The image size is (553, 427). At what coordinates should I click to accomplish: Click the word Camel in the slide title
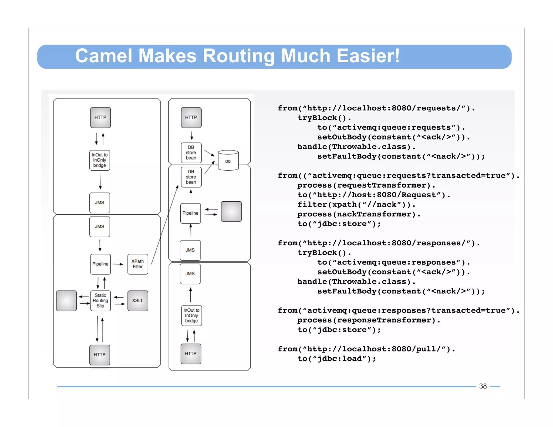coord(104,56)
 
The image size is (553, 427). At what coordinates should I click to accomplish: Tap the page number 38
coord(483,386)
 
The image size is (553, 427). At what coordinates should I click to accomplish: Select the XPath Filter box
coord(138,264)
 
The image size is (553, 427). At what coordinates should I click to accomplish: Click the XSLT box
coord(138,301)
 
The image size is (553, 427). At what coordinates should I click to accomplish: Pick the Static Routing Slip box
coord(100,301)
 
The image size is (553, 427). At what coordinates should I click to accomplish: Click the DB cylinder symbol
coord(228,160)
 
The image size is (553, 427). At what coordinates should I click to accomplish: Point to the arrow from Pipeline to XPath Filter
coord(118,264)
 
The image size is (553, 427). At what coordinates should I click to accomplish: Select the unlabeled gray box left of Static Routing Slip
coord(66,301)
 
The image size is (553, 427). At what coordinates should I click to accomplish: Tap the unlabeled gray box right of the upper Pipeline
coord(231,211)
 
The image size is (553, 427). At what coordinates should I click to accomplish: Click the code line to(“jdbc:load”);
coord(336,359)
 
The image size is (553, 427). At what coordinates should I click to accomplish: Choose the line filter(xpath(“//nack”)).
coord(356,205)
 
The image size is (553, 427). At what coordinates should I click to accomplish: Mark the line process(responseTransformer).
coord(369,320)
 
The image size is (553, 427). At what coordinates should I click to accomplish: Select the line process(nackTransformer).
coord(359,214)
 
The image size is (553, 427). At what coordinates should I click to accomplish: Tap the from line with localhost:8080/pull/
coord(366,349)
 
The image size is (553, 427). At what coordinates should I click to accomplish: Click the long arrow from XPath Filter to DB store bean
coord(165,225)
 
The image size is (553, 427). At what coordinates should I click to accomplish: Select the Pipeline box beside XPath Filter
coord(100,264)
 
